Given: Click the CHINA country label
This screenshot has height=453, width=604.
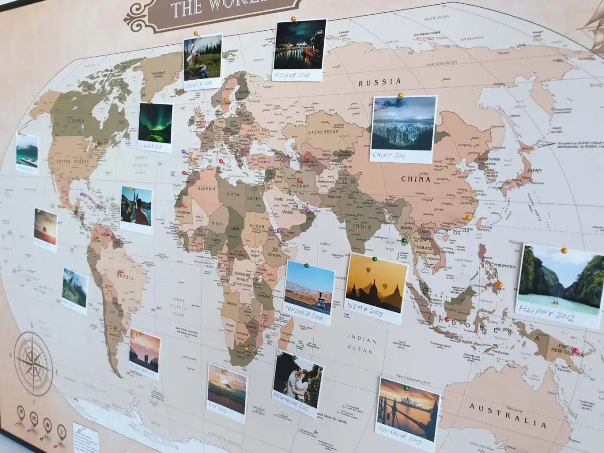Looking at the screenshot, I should pyautogui.click(x=415, y=179).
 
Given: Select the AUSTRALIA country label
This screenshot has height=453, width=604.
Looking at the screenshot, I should pyautogui.click(x=507, y=415).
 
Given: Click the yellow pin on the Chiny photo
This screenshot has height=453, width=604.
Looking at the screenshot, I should pyautogui.click(x=400, y=96).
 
